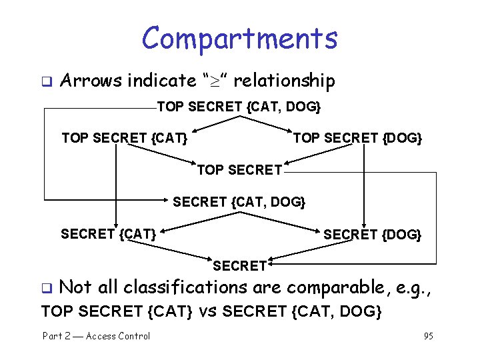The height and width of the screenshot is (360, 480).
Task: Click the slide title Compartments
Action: (239, 38)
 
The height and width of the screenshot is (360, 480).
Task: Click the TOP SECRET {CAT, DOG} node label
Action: (239, 107)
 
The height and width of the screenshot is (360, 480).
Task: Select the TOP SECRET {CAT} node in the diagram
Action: (124, 138)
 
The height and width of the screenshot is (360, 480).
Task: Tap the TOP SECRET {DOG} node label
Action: (357, 138)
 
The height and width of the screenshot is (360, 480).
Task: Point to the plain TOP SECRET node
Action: (239, 170)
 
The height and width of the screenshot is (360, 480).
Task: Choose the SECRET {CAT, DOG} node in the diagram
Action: (239, 201)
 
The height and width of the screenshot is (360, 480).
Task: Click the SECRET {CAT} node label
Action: (109, 233)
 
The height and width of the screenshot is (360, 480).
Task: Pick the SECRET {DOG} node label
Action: (372, 234)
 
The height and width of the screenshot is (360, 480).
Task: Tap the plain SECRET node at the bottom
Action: (239, 266)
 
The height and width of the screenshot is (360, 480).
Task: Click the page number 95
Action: (428, 336)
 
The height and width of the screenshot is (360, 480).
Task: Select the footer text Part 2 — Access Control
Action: (96, 336)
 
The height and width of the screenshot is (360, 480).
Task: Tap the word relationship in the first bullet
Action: (284, 81)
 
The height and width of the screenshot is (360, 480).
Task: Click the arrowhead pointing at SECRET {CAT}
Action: (116, 226)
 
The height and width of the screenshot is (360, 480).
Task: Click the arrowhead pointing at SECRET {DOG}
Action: (364, 226)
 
